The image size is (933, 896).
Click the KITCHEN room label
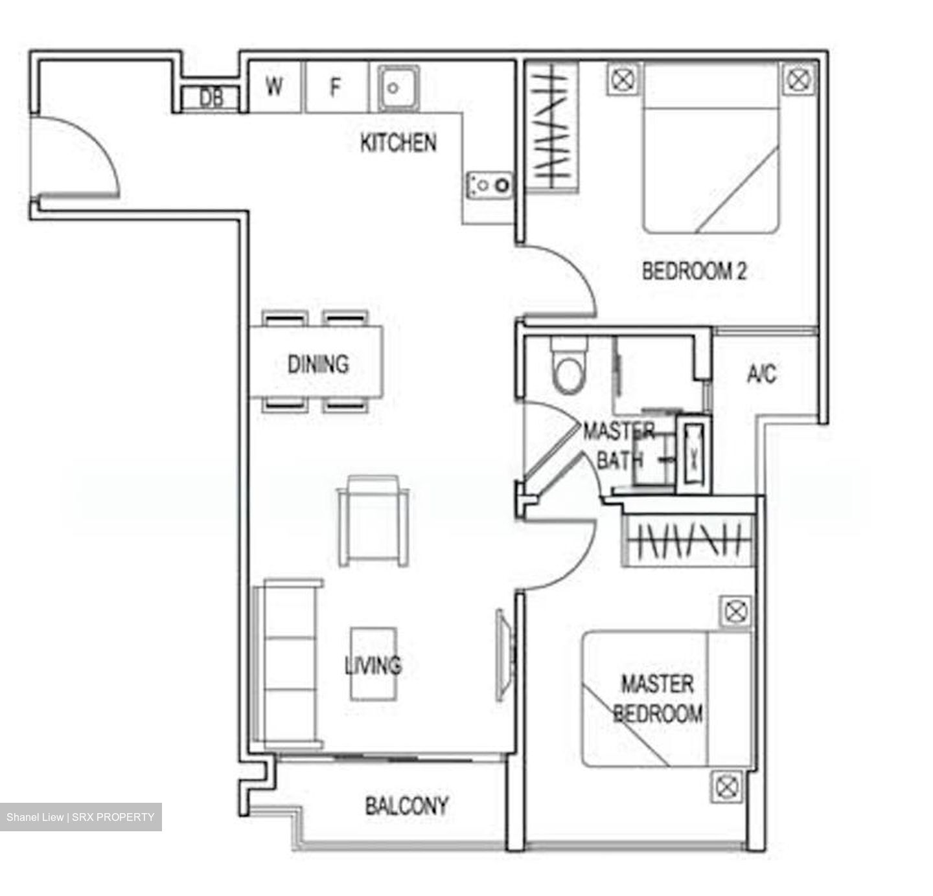pyautogui.click(x=398, y=142)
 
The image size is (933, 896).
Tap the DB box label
pyautogui.click(x=211, y=98)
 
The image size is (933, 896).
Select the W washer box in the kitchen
pyautogui.click(x=275, y=86)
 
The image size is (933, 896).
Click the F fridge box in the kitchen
pyautogui.click(x=335, y=87)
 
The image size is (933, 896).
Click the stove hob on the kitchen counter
pyautogui.click(x=489, y=185)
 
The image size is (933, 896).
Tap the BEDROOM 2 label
pyautogui.click(x=694, y=271)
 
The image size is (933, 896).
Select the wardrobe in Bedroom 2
pyautogui.click(x=551, y=126)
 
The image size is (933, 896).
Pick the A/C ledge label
pyautogui.click(x=761, y=374)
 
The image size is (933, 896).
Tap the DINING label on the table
pyautogui.click(x=317, y=363)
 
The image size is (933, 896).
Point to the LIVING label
pyautogui.click(x=373, y=665)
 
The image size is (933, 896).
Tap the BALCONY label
pyautogui.click(x=406, y=805)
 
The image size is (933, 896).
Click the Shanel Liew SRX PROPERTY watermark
pyautogui.click(x=81, y=817)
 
